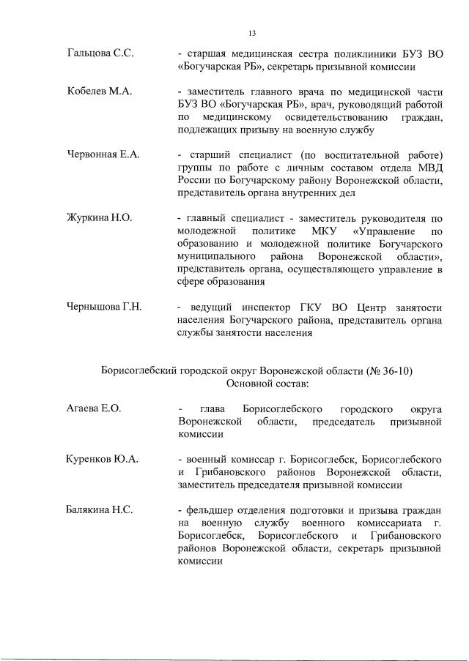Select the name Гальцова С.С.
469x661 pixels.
98,54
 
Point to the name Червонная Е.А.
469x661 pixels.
103,154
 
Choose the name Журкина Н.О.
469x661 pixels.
99,217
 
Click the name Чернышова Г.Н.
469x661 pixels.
104,306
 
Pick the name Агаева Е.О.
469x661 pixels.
93,408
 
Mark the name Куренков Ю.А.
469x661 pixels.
102,459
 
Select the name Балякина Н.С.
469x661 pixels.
100,509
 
